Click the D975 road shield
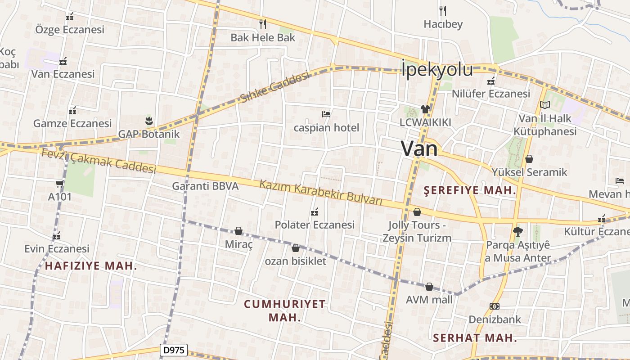point(174,350)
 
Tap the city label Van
point(419,148)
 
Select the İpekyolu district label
point(437,70)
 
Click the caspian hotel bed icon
point(326,114)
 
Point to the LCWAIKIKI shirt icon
point(425,109)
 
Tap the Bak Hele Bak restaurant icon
point(263,24)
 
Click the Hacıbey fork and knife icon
point(443,10)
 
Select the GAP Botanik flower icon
point(149,121)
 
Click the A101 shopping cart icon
point(59,184)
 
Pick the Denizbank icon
point(495,306)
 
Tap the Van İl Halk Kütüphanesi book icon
point(545,105)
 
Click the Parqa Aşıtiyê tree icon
point(518,232)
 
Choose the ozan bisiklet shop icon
point(296,248)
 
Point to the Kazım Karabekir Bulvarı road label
point(321,192)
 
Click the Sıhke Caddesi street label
point(275,87)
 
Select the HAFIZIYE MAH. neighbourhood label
point(91,265)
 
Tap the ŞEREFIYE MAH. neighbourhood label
point(470,190)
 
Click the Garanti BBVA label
point(205,186)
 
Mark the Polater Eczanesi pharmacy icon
point(315,211)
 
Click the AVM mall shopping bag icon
point(429,287)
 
